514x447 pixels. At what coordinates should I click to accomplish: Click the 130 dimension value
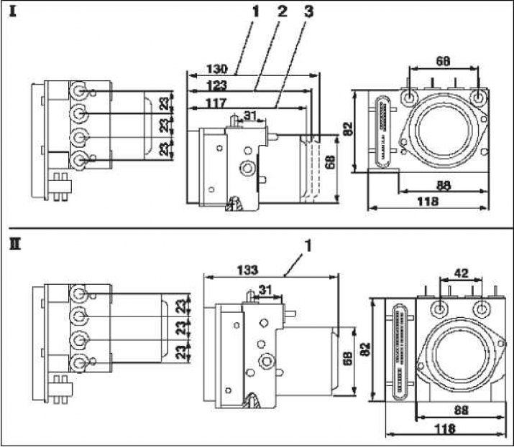pos(216,69)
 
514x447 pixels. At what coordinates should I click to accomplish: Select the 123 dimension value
pos(216,85)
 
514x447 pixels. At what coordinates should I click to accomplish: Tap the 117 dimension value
pos(216,103)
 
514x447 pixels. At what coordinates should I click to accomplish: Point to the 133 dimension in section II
pos(247,270)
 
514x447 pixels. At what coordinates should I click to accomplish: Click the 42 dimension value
pos(461,273)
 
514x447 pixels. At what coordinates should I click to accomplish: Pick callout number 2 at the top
pos(282,11)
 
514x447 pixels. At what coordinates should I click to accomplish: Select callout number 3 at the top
pos(308,11)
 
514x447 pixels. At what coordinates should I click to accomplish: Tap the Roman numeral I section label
pos(13,11)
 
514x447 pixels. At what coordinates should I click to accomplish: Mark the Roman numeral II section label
pos(15,244)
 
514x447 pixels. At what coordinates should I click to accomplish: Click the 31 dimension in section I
pos(250,116)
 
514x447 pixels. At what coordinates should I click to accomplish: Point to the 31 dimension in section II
pos(265,290)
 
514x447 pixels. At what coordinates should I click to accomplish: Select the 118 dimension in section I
pos(428,201)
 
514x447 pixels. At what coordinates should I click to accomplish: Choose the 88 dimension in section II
pos(462,410)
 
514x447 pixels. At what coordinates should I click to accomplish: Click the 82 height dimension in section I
pos(347,128)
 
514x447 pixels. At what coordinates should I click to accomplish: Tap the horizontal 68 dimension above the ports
pos(443,61)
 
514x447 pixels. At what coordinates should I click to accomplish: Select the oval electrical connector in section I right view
pos(383,131)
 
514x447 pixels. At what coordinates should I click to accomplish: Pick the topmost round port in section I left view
pos(78,90)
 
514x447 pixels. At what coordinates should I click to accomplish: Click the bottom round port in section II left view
pos(78,363)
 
